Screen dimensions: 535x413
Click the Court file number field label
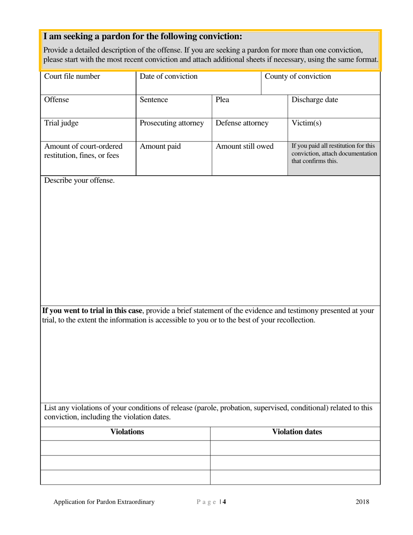(72, 77)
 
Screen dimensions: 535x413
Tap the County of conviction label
(297, 77)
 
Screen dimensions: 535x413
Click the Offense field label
(57, 100)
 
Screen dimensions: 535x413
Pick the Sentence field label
(153, 100)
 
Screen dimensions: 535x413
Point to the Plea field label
(222, 100)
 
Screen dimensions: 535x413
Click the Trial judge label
(61, 123)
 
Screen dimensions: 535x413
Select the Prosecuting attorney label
(171, 123)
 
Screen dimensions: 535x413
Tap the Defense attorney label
(242, 123)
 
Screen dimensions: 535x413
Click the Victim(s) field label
(306, 123)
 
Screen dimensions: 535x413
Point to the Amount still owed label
(244, 147)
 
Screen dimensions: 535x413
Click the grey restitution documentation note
(333, 153)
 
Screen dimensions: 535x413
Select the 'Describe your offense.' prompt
(80, 181)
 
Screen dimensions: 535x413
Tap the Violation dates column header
(297, 432)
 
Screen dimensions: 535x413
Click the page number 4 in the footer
(224, 502)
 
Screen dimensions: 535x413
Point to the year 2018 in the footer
(362, 502)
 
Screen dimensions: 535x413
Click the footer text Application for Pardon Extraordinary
(104, 502)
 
